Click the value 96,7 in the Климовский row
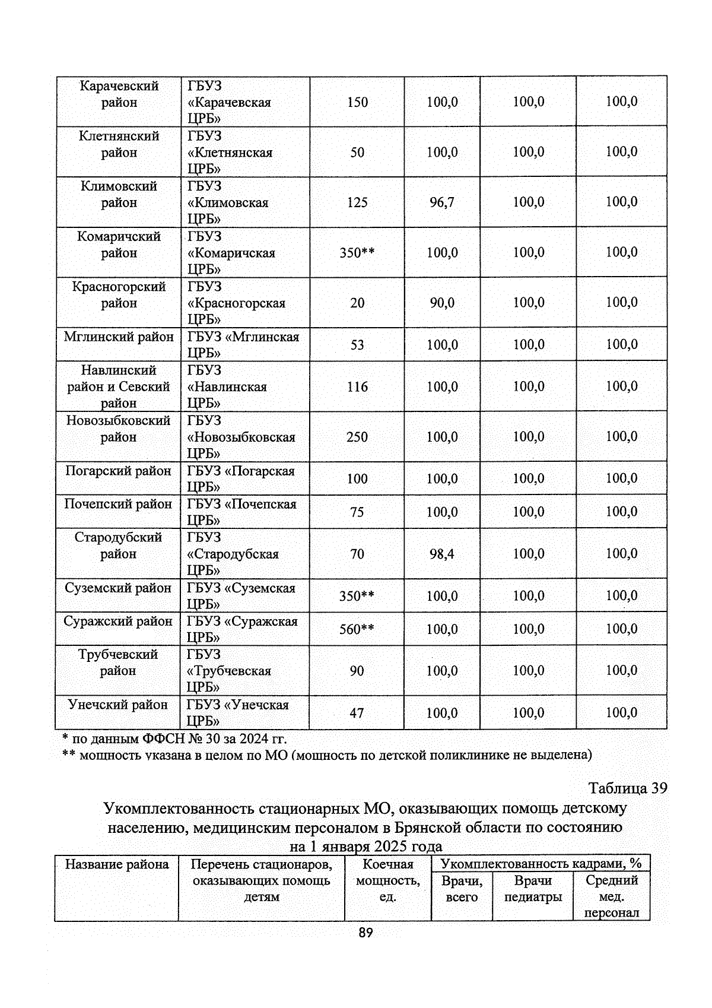click(x=442, y=202)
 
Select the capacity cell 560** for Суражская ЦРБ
click(x=357, y=629)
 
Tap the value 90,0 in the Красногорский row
click(x=442, y=303)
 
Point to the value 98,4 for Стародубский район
click(x=442, y=554)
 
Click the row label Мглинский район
click(x=119, y=337)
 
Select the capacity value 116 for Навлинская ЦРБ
click(x=357, y=387)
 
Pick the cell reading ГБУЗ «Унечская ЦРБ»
click(x=238, y=712)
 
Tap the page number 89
click(x=365, y=933)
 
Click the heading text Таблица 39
click(x=627, y=788)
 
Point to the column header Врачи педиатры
click(x=533, y=889)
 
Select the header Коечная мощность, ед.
click(x=387, y=880)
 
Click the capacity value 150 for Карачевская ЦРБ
click(x=357, y=102)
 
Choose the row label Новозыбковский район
click(x=119, y=429)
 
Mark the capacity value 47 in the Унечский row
click(x=357, y=713)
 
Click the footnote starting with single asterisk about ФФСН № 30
click(x=174, y=739)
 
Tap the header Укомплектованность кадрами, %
click(x=541, y=864)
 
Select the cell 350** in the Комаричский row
click(x=357, y=253)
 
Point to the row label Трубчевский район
click(x=118, y=663)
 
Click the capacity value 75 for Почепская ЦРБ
click(x=357, y=512)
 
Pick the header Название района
click(x=117, y=864)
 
